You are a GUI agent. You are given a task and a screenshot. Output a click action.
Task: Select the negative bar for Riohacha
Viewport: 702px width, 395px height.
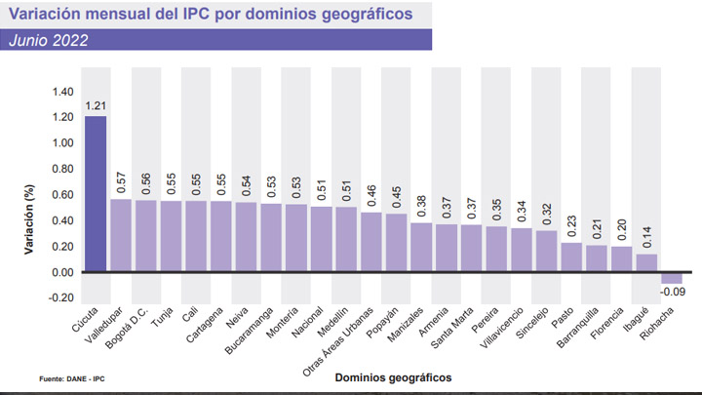[x=672, y=277]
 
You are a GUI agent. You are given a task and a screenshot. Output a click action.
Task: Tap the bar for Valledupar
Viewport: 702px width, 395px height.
[x=121, y=235]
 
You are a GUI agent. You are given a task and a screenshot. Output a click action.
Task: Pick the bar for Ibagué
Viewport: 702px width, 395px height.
[x=646, y=262]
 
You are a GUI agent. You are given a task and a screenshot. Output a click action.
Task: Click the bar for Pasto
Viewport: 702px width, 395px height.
[x=570, y=257]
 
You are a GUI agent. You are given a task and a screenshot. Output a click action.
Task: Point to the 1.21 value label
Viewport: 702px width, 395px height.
[x=96, y=105]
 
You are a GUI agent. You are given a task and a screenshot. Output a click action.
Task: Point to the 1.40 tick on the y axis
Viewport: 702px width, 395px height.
[x=62, y=92]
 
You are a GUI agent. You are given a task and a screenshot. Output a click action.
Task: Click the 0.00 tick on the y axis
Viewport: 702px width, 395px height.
[x=62, y=271]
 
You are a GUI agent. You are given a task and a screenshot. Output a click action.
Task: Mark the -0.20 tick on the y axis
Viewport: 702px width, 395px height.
[x=60, y=296]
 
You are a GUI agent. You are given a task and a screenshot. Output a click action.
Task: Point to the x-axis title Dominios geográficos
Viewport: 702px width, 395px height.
[x=392, y=375]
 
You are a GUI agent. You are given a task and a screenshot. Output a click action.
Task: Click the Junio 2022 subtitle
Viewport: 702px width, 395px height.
[x=49, y=40]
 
